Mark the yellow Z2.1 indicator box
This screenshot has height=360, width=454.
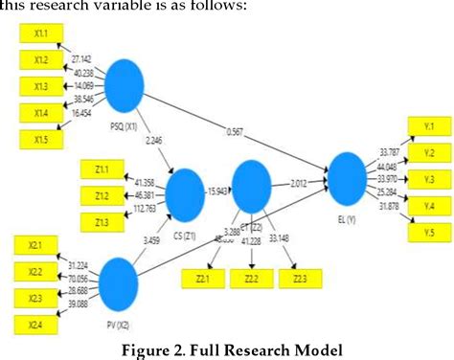pyautogui.click(x=202, y=279)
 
